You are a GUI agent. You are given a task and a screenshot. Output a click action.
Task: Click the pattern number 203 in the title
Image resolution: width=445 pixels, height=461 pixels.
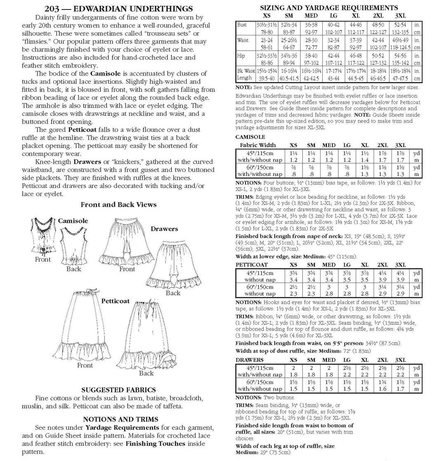[x=52, y=9]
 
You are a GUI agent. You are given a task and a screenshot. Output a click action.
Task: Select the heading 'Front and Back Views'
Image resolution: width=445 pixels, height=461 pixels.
[x=118, y=205]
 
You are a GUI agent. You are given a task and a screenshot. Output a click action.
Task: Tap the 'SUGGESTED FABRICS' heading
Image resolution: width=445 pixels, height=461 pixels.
[x=118, y=390]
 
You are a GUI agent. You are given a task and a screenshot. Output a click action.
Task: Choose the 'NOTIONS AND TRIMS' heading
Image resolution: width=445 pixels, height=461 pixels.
[x=118, y=419]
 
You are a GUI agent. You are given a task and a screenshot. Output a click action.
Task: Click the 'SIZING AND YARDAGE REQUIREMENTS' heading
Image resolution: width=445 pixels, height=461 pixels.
[x=329, y=7]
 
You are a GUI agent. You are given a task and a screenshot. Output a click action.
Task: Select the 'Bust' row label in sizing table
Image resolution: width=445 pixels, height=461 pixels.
[x=242, y=25]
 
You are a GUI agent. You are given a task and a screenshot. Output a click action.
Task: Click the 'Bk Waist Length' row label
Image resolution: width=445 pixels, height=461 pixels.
[x=245, y=74]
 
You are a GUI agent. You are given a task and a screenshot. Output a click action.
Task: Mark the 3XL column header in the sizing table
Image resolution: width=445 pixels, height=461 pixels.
[x=400, y=15]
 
